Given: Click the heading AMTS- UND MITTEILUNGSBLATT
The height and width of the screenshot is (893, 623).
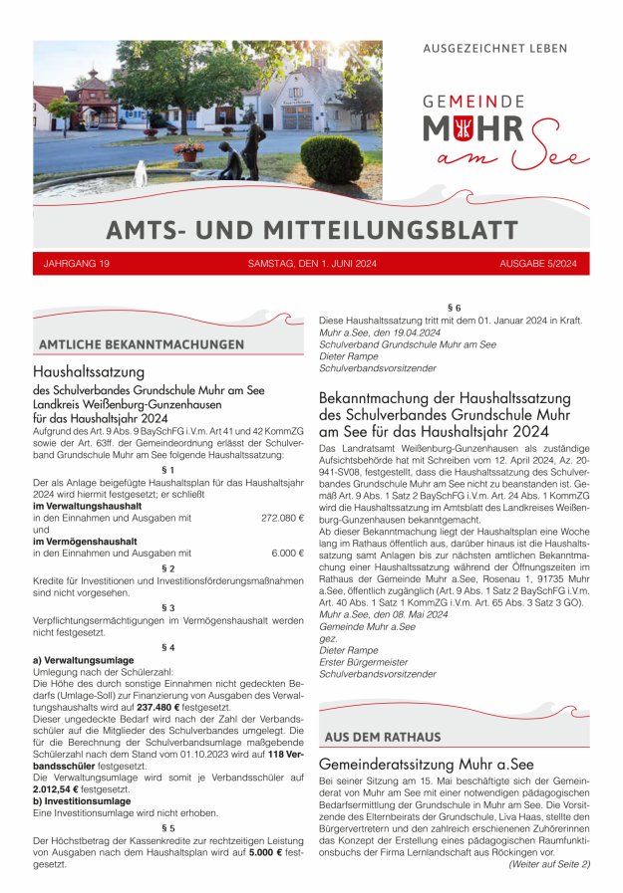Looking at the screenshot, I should click(311, 230).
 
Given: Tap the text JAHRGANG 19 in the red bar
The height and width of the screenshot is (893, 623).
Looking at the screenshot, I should click(77, 263).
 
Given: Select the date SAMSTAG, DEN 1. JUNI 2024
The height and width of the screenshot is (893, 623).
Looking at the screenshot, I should click(311, 263).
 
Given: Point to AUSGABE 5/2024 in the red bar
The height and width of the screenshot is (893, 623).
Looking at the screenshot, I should click(538, 263).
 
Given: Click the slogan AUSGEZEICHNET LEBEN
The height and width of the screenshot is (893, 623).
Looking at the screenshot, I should click(495, 48).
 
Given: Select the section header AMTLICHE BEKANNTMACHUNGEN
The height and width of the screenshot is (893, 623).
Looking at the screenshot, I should click(141, 344).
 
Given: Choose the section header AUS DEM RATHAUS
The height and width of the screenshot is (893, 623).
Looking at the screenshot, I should click(382, 737).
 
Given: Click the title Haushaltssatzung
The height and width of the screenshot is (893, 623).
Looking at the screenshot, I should click(90, 371).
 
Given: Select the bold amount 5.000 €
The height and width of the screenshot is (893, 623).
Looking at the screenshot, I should click(265, 853).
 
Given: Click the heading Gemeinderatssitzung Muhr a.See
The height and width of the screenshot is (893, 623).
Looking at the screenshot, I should click(427, 765).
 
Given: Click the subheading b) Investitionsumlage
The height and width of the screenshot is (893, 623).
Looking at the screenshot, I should click(82, 799).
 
